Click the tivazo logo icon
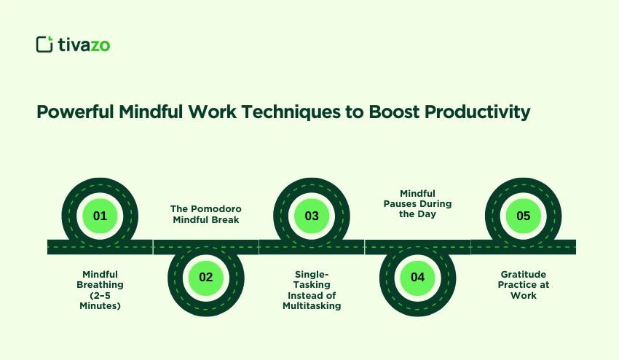click(45, 44)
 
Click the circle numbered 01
click(100, 216)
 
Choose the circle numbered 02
click(205, 277)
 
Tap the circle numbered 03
click(312, 216)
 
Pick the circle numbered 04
click(417, 277)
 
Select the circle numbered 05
click(523, 216)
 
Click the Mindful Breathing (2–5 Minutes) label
click(100, 290)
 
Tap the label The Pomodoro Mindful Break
click(205, 214)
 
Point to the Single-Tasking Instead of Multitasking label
click(312, 290)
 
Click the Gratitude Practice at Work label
click(524, 285)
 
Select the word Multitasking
click(312, 306)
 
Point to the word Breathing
click(100, 285)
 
